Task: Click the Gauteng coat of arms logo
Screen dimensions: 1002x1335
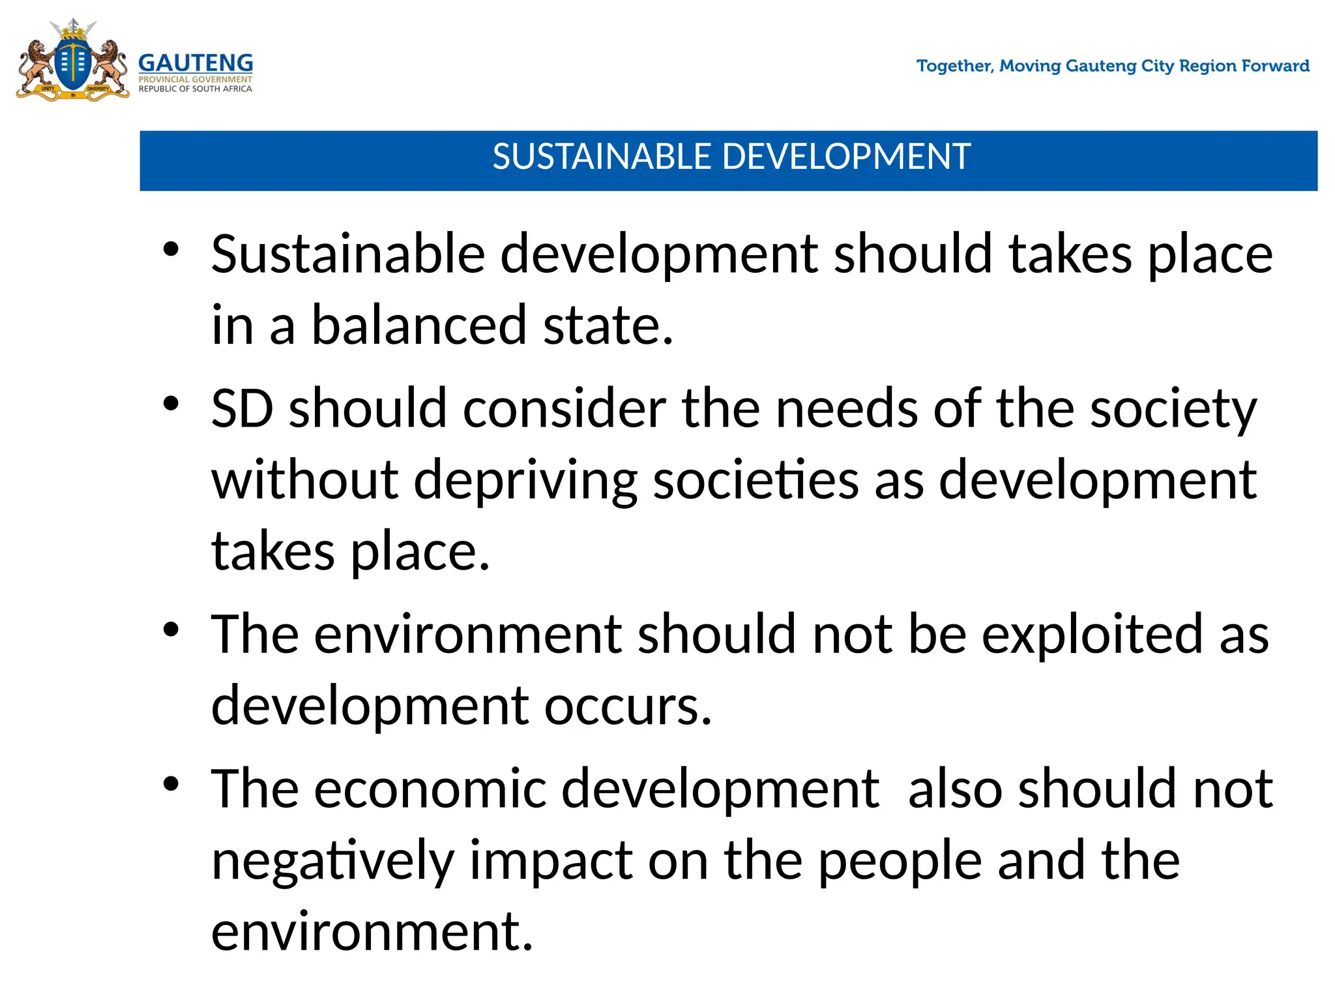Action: tap(72, 61)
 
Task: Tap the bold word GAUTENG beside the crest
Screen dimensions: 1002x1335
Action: tap(196, 63)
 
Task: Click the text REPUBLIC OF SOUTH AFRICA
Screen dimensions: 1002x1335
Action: tap(195, 89)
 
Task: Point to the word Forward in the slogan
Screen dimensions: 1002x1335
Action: tap(1276, 66)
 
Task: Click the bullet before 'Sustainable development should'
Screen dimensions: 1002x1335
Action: tap(171, 250)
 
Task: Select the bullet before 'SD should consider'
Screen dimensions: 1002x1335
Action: tap(171, 404)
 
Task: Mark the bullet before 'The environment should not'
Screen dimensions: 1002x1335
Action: tap(171, 630)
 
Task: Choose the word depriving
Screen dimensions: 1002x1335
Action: tap(525, 481)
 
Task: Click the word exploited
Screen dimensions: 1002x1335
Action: tap(1092, 635)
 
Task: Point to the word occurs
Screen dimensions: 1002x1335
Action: tap(627, 706)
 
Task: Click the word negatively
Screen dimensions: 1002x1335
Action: tap(332, 861)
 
